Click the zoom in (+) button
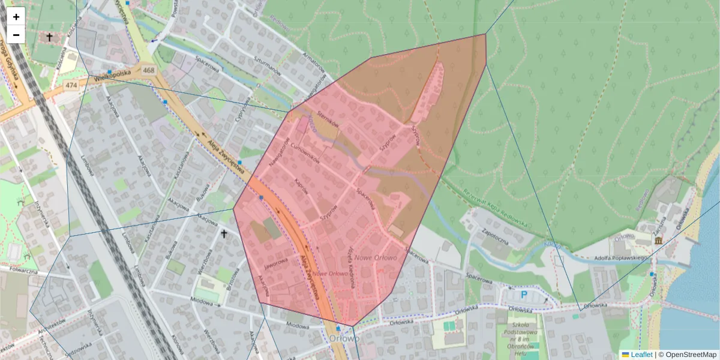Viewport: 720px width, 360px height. [x=16, y=16]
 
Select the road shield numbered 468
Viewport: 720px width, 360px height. [x=149, y=71]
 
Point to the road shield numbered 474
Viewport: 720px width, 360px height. [x=72, y=86]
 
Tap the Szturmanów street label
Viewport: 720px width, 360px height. [x=267, y=70]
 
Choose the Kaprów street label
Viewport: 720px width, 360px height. [x=302, y=187]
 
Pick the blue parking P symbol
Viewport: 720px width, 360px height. [x=524, y=295]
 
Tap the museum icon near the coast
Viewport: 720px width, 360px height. [x=659, y=241]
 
